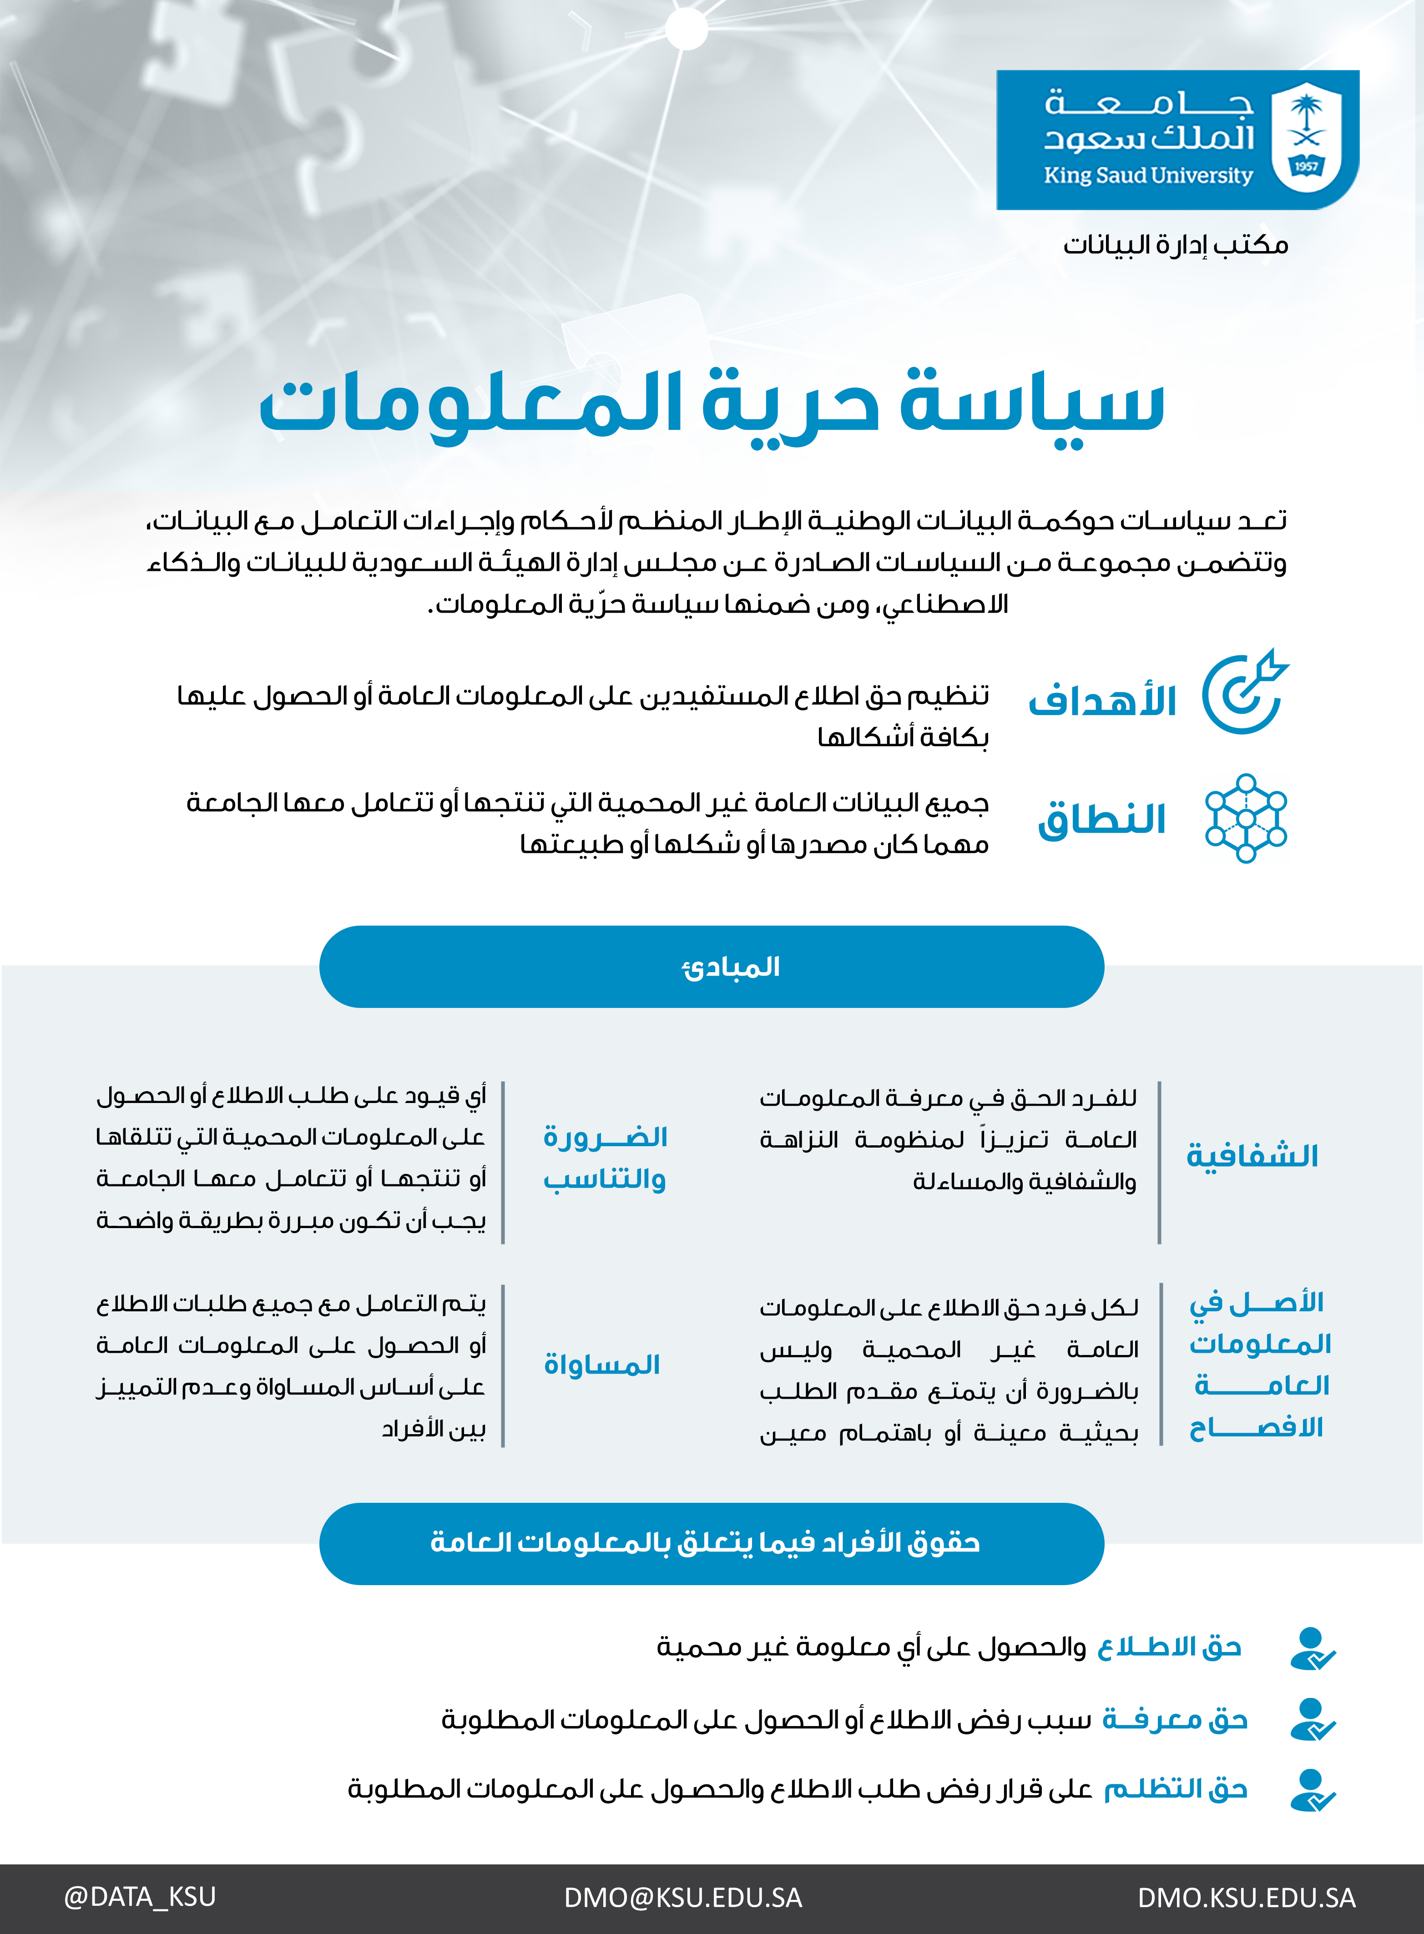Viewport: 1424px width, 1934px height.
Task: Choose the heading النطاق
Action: [x=1102, y=819]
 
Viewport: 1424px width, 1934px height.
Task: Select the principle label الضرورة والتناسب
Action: [x=605, y=1158]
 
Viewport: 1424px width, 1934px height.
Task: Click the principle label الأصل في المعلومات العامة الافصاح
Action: [x=1258, y=1365]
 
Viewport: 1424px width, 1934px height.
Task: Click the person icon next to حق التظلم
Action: [x=1312, y=1789]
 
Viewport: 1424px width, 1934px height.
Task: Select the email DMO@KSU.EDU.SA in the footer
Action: [x=683, y=1898]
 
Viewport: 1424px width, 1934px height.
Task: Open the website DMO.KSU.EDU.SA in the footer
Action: [x=1247, y=1898]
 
